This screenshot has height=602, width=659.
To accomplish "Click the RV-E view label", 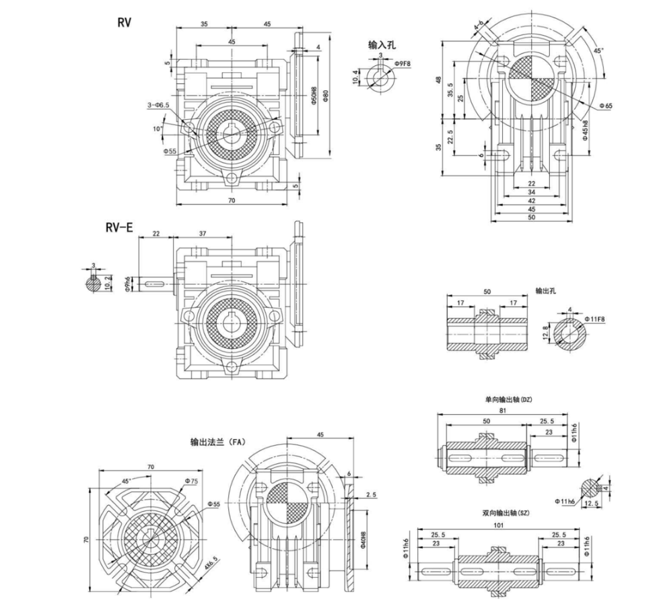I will pos(119,228).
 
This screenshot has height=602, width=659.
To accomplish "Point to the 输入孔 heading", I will pos(382,44).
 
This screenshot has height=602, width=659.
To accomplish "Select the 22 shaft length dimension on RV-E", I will pos(156,233).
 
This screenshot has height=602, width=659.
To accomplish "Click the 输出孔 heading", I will pos(547,291).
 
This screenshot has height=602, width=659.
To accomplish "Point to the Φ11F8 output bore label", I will pos(596,318).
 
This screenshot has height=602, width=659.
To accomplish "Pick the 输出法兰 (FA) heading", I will pos(218,442).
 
